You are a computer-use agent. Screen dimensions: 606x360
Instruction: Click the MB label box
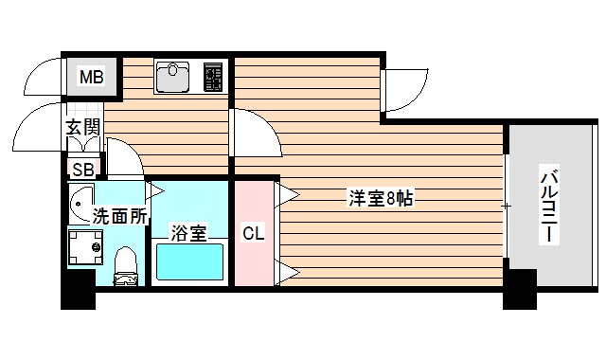(92, 77)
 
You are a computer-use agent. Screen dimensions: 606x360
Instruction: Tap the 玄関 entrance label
(82, 127)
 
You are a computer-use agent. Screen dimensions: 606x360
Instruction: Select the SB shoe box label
(82, 170)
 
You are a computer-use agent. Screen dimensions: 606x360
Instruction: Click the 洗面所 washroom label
(119, 215)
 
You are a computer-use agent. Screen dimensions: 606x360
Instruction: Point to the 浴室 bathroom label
(188, 231)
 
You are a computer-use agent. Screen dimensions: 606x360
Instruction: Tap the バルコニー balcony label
(548, 206)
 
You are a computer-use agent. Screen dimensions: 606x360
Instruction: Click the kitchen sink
(174, 77)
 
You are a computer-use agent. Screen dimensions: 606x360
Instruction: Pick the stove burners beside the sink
(213, 77)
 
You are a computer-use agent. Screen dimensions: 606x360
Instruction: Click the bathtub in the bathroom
(188, 261)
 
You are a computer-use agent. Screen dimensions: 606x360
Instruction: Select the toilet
(125, 266)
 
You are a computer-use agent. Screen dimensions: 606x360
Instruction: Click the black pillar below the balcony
(520, 290)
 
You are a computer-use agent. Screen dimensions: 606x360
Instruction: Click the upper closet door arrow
(287, 197)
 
